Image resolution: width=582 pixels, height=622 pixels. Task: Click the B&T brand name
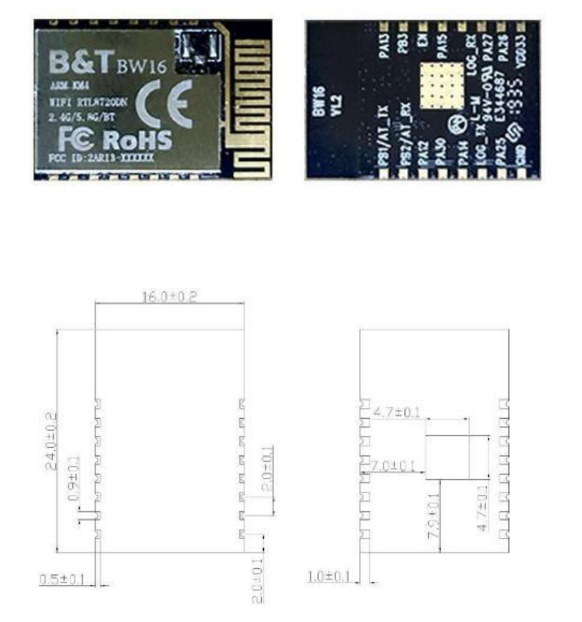click(x=79, y=62)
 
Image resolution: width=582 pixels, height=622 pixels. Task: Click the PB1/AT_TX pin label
click(x=383, y=139)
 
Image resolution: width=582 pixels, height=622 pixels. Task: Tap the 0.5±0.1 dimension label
click(x=63, y=580)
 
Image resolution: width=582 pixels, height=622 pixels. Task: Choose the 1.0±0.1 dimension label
click(x=329, y=576)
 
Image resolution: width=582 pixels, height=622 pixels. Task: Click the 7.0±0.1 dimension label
click(x=393, y=466)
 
